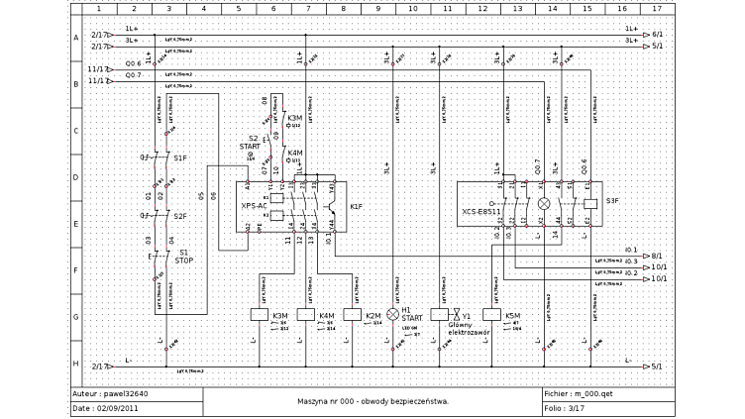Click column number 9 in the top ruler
click(377, 8)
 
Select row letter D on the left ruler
click(75, 177)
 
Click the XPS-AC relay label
click(254, 206)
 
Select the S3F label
click(611, 201)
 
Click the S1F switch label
click(180, 158)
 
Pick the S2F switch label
click(180, 216)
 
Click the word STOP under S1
click(184, 261)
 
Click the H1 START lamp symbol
click(391, 314)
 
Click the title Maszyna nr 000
click(372, 401)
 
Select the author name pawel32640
click(126, 393)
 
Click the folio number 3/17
click(576, 407)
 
